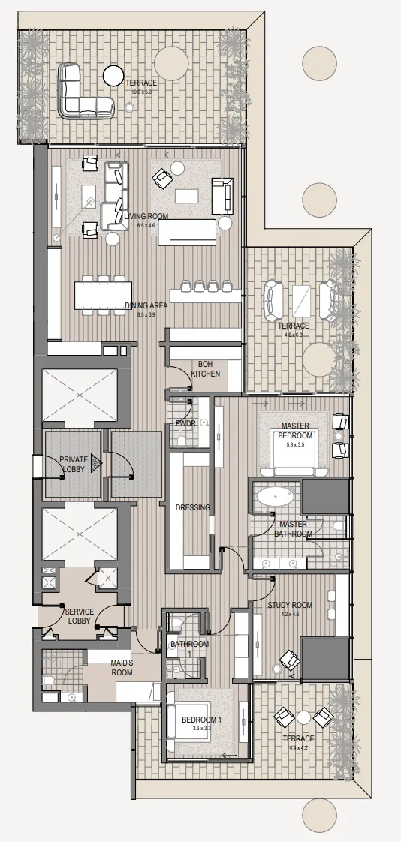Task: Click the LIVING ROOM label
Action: pos(147,216)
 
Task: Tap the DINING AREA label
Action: pos(146,305)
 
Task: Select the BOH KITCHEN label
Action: pos(206,368)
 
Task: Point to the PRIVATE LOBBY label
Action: pos(74,464)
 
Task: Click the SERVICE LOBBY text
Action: pos(79,616)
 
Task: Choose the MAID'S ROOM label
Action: pos(122,668)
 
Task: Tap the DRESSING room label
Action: pos(193,507)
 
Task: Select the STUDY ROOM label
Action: pos(290,605)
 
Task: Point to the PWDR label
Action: pos(185,423)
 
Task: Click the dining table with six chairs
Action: pos(101,294)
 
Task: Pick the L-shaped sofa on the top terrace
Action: pos(83,94)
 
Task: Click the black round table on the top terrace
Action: pos(113,75)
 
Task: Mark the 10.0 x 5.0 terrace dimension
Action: pos(141,91)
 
